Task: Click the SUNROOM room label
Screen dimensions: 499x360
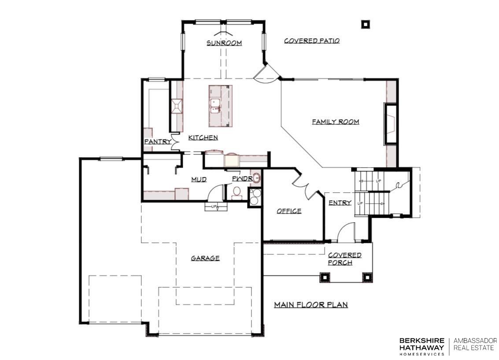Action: pos(224,43)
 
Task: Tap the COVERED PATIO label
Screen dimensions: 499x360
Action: pos(312,40)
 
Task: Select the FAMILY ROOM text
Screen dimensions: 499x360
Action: pos(336,121)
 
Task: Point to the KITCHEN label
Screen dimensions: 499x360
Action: pos(203,137)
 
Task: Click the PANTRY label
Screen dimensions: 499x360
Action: pos(158,142)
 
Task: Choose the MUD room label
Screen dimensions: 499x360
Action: pos(199,180)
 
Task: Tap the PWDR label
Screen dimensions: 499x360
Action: pos(242,179)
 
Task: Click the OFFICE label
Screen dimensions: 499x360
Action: pos(289,211)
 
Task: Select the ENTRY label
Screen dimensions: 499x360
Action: pos(340,202)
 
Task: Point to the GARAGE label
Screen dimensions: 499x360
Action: pos(205,258)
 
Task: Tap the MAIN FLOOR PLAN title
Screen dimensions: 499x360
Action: pos(311,305)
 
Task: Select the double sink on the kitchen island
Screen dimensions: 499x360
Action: pos(215,106)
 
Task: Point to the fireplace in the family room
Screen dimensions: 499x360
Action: pos(391,123)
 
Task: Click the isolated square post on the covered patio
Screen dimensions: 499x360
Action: pos(366,24)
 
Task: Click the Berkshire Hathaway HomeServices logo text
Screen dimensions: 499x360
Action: pos(421,346)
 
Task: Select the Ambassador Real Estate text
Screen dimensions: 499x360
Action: pos(475,344)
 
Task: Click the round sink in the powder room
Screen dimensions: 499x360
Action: pos(257,178)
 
